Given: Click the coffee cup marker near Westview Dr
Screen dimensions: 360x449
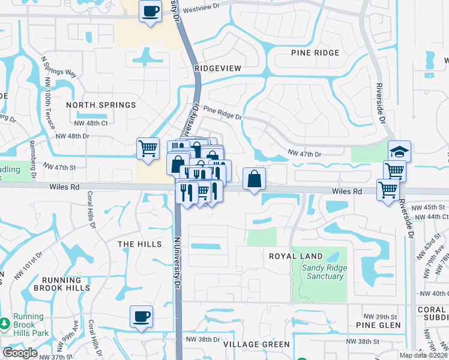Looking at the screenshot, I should click(x=150, y=11).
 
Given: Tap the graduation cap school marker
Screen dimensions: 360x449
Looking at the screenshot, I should click(x=399, y=151).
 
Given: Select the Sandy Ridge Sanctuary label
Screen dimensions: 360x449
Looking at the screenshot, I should click(x=323, y=272).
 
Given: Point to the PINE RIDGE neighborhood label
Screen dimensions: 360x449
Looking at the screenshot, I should click(x=315, y=53).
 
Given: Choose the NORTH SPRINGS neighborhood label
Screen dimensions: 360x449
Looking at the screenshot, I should click(x=101, y=105).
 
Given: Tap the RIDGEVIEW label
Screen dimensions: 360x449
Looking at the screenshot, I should click(x=218, y=68).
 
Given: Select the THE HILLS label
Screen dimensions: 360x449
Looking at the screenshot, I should click(x=140, y=244).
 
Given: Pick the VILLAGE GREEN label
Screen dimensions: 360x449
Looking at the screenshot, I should click(x=256, y=344).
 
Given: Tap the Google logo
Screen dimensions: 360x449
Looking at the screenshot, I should click(x=20, y=353).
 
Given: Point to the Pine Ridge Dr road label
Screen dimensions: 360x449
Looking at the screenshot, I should click(x=222, y=112).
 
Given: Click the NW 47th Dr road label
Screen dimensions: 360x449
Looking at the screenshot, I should click(x=305, y=154).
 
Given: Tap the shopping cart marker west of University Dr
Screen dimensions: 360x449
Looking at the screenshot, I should click(x=148, y=148).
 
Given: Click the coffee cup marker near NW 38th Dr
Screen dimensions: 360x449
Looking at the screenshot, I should click(x=141, y=316).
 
